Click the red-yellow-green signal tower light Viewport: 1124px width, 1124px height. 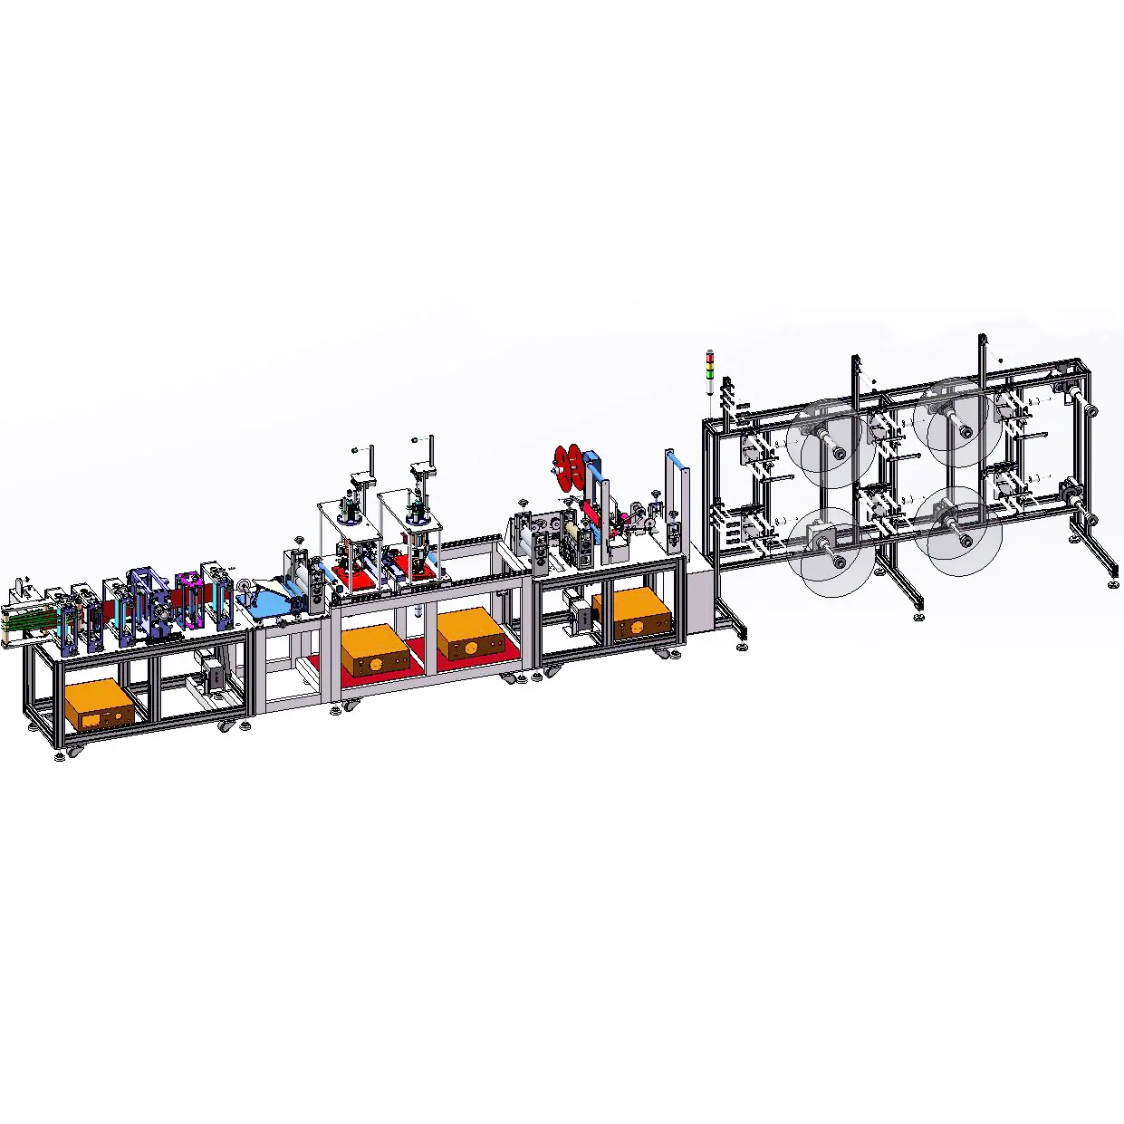pyautogui.click(x=710, y=370)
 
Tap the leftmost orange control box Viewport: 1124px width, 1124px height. pyautogui.click(x=99, y=704)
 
